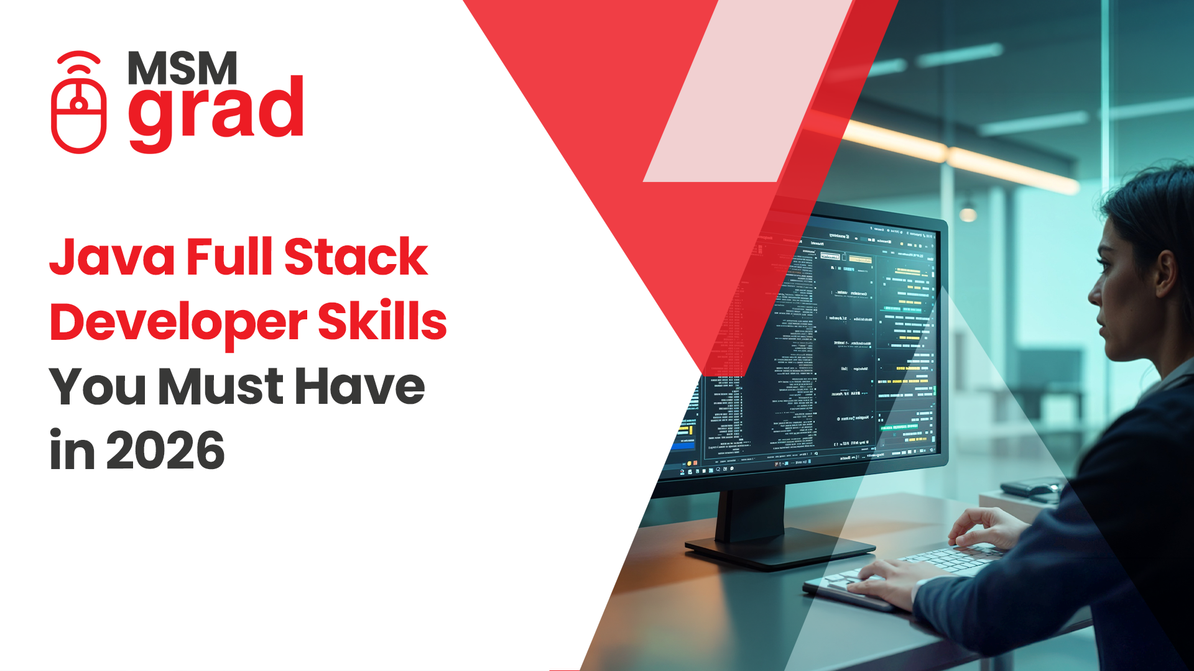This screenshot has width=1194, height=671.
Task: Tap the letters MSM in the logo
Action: [x=182, y=68]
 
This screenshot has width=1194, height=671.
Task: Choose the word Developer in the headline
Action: [x=178, y=323]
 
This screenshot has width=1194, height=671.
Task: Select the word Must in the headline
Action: [x=221, y=387]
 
